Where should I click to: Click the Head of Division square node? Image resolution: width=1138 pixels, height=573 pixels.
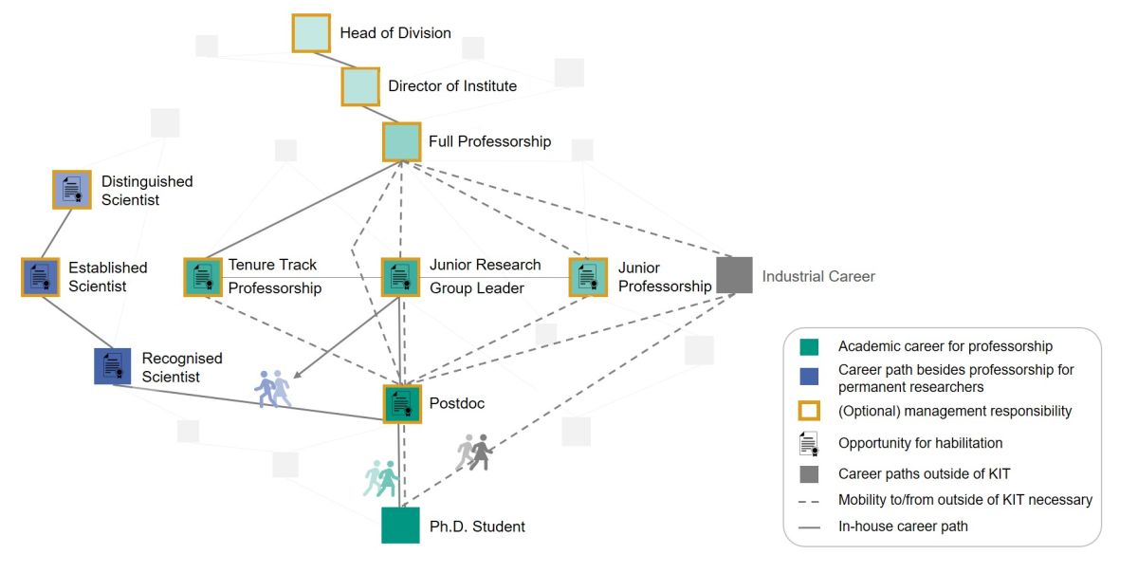tap(311, 33)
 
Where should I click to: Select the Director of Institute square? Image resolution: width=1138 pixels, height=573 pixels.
tap(360, 86)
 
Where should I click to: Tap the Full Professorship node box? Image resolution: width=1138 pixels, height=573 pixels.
tap(401, 141)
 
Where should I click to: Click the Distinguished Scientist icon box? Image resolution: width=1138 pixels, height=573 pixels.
tap(71, 190)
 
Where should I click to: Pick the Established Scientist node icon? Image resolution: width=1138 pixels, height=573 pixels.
tap(40, 277)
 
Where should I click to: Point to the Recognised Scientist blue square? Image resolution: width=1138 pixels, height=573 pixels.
tap(112, 366)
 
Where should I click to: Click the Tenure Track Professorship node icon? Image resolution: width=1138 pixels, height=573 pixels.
tap(202, 277)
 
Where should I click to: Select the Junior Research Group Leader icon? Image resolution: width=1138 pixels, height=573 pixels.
tap(399, 277)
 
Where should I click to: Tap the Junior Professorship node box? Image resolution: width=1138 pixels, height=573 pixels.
tap(588, 277)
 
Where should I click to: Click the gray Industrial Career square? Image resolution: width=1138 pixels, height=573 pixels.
tap(734, 275)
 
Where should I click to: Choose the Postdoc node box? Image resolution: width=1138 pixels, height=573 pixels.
tap(401, 403)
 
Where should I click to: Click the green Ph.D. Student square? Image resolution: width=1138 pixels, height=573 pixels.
tap(400, 525)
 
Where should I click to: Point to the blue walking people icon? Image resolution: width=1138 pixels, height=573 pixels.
tap(273, 389)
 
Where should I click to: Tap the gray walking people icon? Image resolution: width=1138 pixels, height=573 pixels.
tap(474, 453)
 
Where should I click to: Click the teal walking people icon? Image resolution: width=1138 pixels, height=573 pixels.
tap(381, 478)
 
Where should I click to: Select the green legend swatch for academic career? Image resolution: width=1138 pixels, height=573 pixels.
tap(809, 347)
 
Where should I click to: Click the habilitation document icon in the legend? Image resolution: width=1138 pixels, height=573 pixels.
tap(809, 443)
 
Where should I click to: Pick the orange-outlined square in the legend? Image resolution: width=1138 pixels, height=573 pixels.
tap(809, 411)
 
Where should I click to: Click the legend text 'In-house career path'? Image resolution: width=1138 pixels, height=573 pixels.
tap(903, 526)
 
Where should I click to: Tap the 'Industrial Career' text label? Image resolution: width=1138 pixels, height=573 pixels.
tap(818, 276)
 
